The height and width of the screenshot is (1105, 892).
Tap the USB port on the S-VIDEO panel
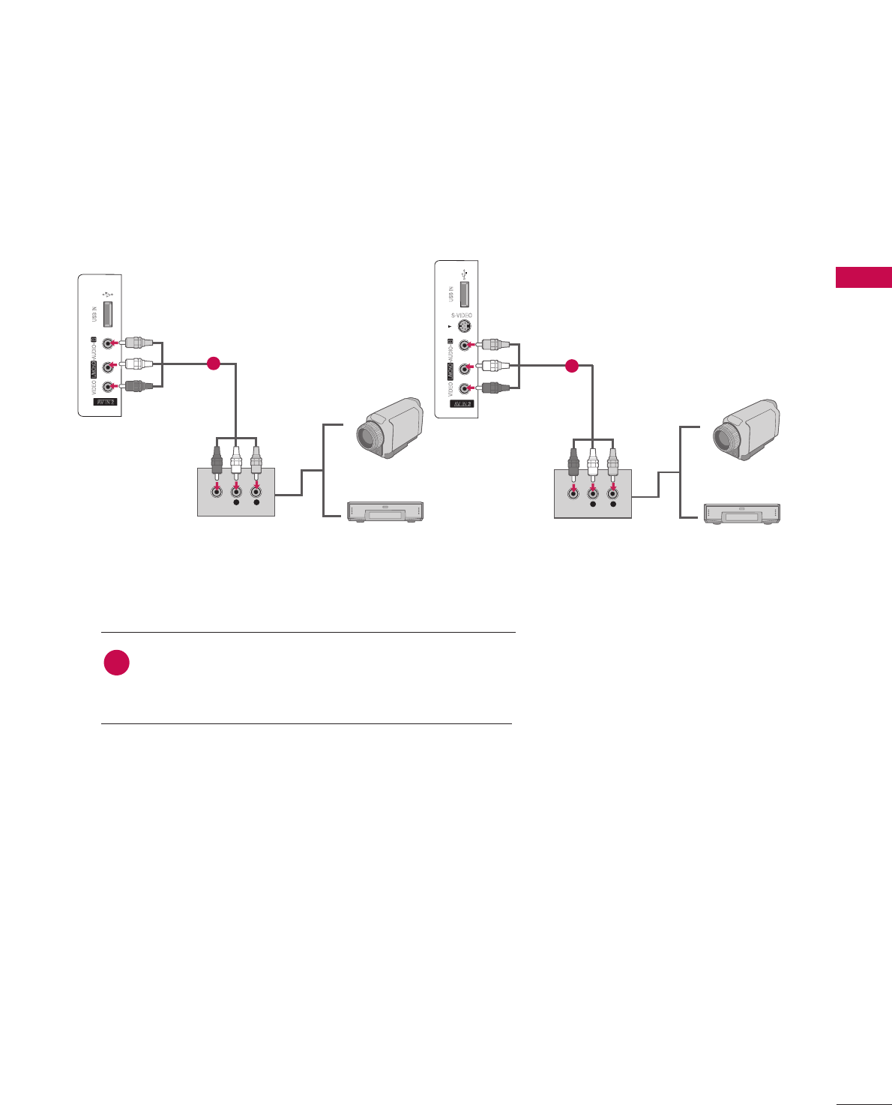point(465,293)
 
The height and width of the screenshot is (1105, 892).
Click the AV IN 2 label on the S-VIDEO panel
point(462,404)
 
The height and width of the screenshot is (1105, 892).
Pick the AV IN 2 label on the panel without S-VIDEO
point(105,402)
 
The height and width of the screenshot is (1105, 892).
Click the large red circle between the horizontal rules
point(116,663)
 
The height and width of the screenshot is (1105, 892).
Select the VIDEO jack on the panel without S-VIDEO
point(109,387)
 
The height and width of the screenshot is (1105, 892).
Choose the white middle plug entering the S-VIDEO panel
point(495,367)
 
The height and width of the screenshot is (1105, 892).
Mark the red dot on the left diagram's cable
point(213,364)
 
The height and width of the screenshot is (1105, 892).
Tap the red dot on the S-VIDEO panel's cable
point(571,366)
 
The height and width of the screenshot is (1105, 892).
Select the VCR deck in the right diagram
point(742,513)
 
